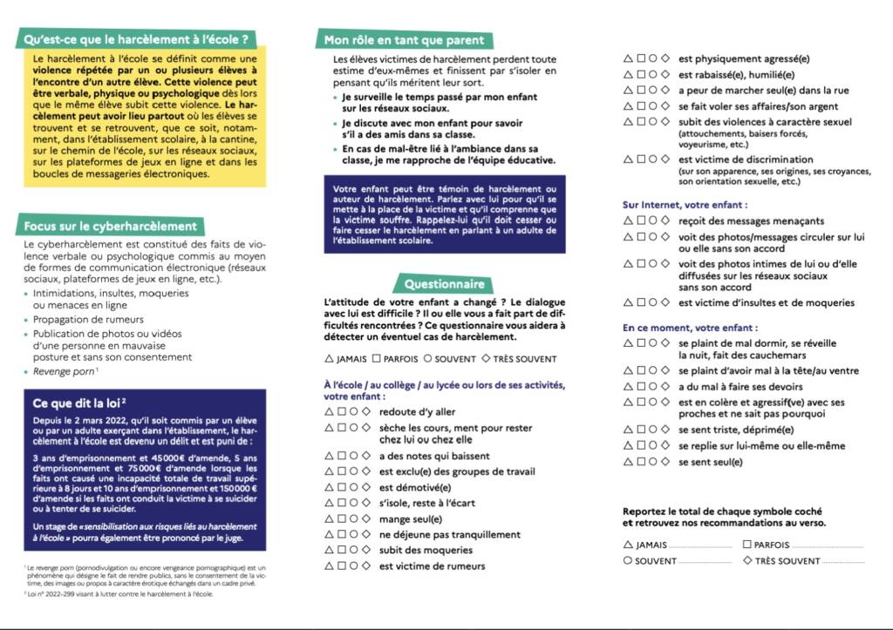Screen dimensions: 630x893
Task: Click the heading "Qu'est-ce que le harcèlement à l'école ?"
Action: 140,39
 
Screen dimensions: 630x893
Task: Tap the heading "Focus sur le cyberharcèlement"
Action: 110,227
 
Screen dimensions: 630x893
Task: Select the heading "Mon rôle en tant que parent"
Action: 404,40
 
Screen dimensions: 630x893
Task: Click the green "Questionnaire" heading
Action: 444,284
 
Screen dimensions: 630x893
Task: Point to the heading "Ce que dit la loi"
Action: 80,403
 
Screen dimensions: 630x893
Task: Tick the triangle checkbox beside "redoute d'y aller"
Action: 329,411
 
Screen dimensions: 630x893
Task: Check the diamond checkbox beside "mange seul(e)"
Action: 367,518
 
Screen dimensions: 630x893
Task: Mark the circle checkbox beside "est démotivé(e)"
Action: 354,487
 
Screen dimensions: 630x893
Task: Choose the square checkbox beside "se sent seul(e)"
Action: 640,462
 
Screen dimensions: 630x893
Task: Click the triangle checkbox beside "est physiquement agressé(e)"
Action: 628,58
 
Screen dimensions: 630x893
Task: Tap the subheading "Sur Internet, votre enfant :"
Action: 685,205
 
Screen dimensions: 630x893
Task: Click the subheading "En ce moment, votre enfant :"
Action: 690,328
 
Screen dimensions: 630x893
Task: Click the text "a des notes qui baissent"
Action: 434,456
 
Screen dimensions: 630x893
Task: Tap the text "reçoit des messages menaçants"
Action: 751,220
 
